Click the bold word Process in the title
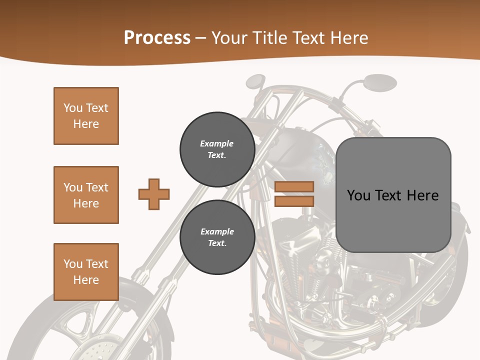(157, 37)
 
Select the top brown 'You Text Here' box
(86, 116)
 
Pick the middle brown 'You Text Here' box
(86, 195)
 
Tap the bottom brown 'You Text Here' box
(86, 272)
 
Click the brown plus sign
(154, 194)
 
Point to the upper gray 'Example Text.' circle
(217, 149)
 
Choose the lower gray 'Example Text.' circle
(217, 237)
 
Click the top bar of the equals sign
(294, 187)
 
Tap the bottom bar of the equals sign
(294, 201)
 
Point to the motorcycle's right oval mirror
(380, 82)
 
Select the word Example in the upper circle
(217, 143)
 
